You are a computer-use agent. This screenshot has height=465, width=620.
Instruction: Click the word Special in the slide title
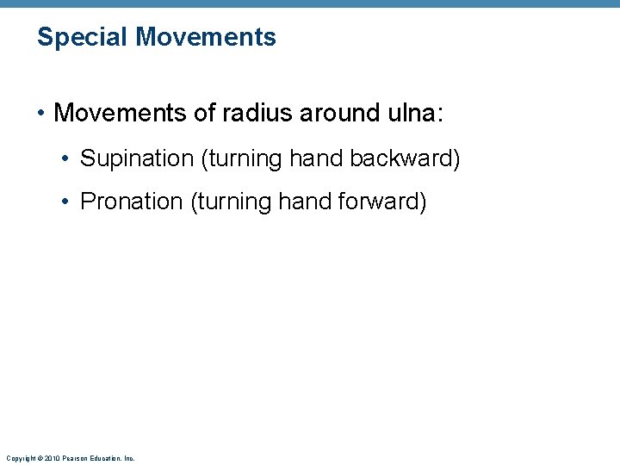pos(83,38)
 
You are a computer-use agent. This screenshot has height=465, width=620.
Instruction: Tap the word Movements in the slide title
pos(206,37)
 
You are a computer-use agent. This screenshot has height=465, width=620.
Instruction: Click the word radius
pos(251,113)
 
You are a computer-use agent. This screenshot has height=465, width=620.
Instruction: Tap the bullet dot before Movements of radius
pos(42,114)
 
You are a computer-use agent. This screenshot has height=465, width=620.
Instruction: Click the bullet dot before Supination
pos(66,159)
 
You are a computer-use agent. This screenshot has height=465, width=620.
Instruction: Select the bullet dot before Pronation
pos(66,202)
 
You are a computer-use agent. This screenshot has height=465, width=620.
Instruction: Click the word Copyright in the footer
pos(18,458)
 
